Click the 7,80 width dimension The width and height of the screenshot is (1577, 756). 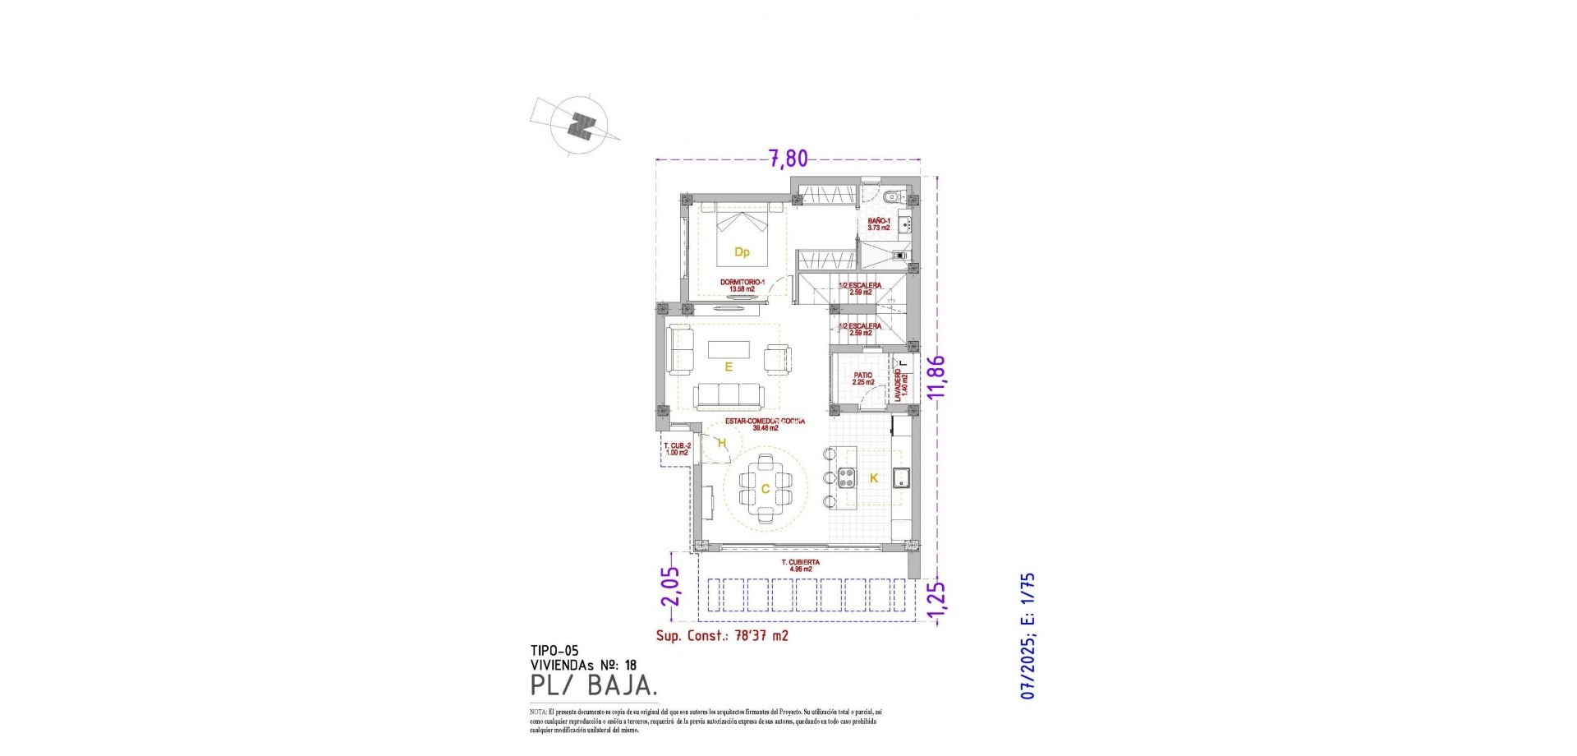788,158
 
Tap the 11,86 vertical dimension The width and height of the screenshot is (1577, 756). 936,376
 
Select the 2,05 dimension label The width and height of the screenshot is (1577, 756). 671,586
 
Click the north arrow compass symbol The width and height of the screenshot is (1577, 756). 582,127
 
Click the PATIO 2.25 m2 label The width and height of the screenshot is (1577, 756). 862,379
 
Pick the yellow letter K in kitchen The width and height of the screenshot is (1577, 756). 874,478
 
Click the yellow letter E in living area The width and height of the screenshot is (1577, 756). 728,367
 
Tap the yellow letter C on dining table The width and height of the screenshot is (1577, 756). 765,490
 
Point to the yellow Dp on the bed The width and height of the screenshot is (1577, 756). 742,252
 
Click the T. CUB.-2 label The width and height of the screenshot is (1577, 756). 677,449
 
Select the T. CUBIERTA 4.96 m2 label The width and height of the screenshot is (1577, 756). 800,565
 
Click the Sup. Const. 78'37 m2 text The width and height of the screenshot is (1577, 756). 722,635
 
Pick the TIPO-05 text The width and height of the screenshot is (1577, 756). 554,651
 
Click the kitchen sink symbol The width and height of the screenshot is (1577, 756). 900,477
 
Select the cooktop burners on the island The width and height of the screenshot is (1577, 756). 846,477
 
